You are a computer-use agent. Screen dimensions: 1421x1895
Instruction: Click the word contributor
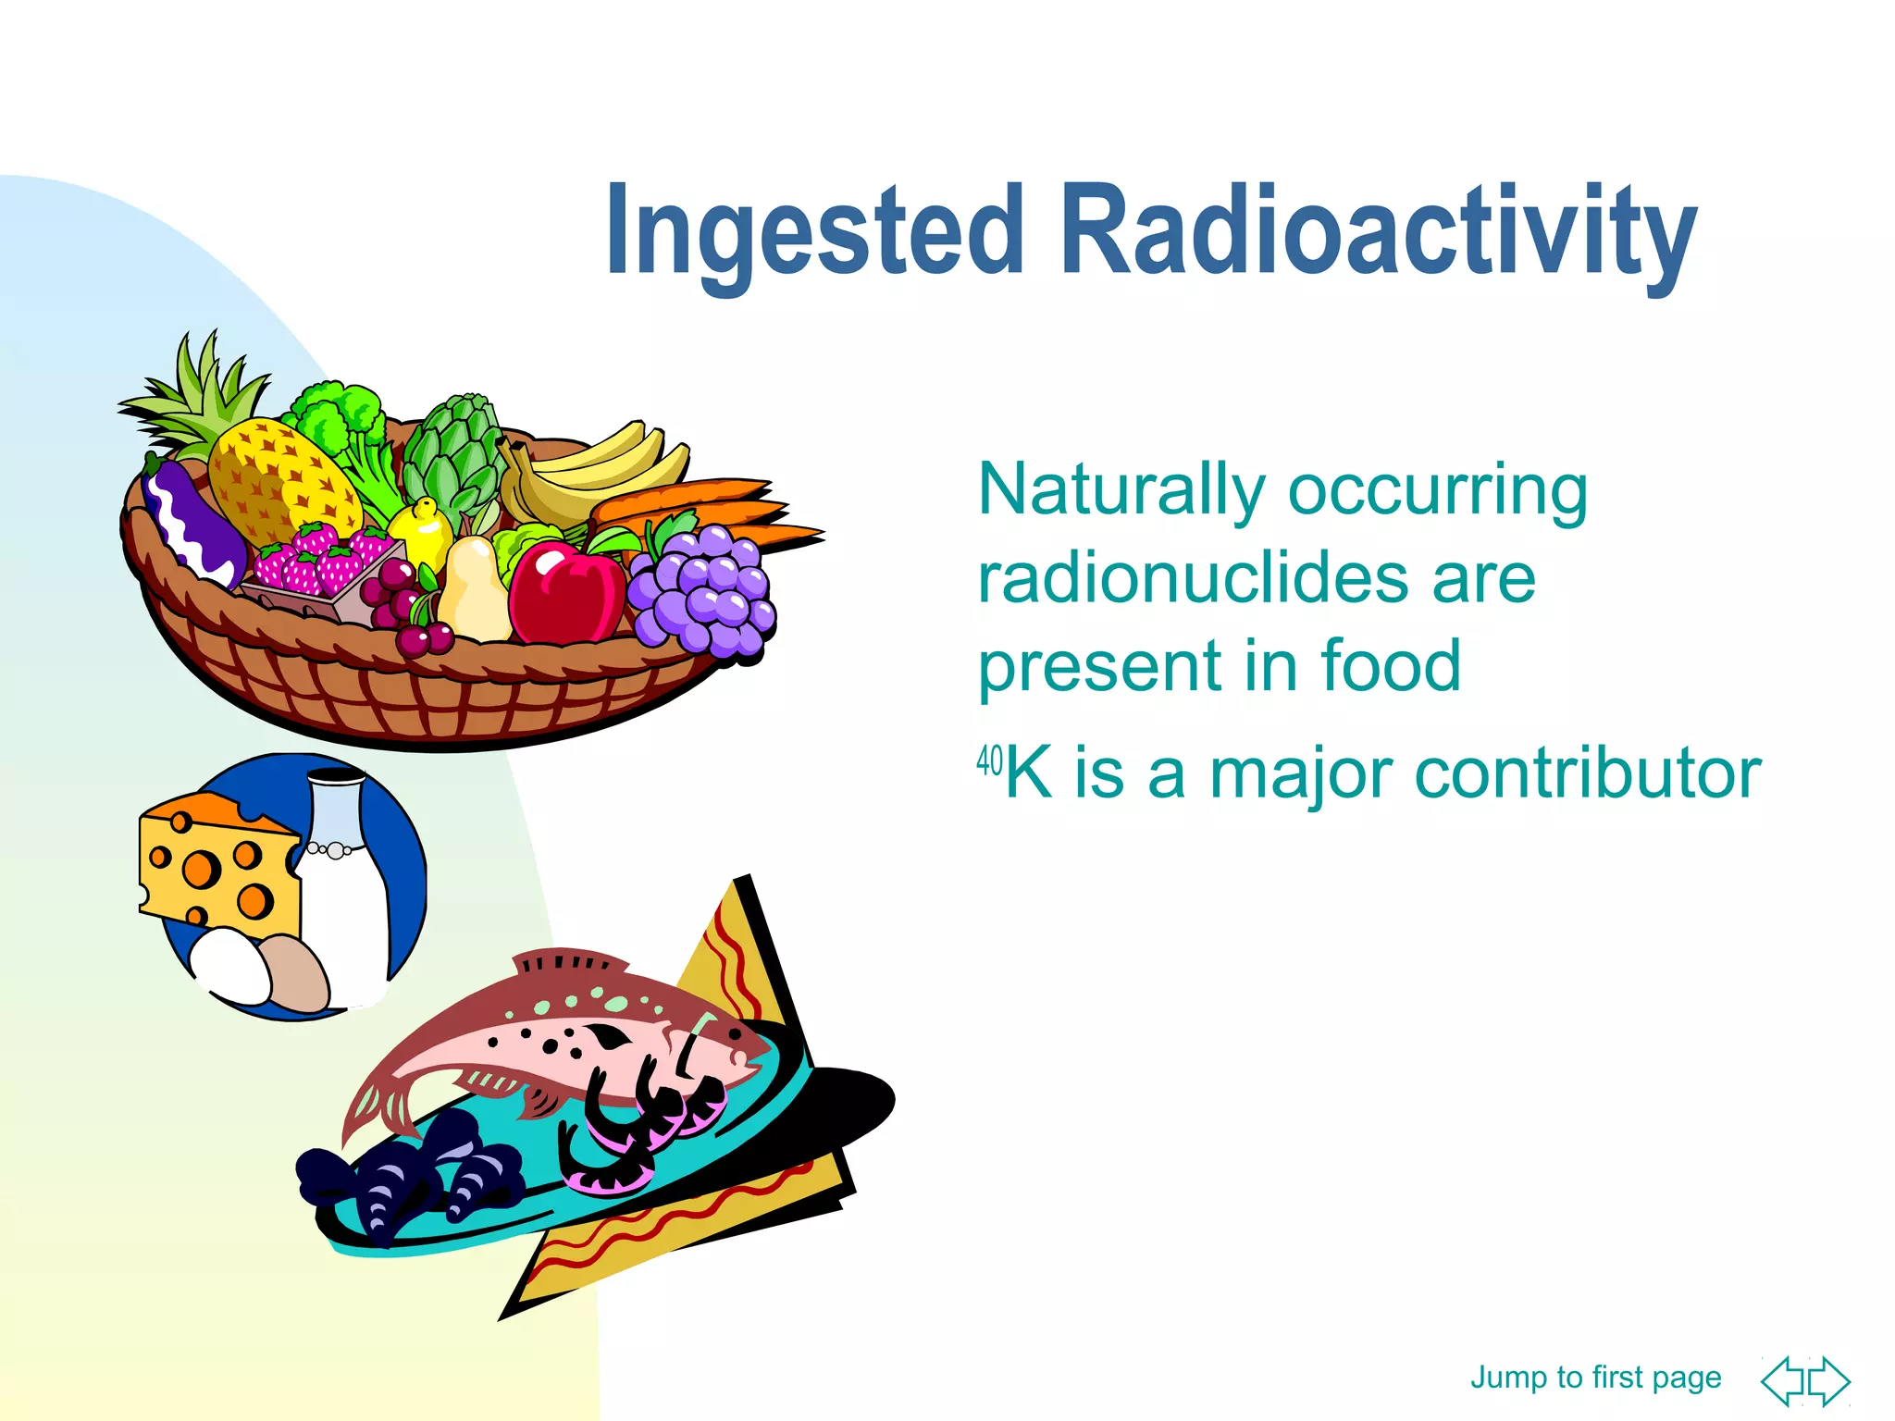click(1587, 773)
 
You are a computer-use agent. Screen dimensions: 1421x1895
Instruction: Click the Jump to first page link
click(1595, 1377)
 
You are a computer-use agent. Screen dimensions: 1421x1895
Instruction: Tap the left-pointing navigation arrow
click(1782, 1381)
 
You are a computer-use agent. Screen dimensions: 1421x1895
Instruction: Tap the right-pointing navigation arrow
click(1830, 1381)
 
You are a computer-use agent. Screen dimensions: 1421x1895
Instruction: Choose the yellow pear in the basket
click(474, 592)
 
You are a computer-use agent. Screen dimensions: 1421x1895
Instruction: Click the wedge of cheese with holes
click(218, 860)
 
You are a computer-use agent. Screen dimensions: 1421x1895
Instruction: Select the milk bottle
click(344, 888)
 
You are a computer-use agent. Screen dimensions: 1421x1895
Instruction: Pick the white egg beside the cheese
click(231, 967)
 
